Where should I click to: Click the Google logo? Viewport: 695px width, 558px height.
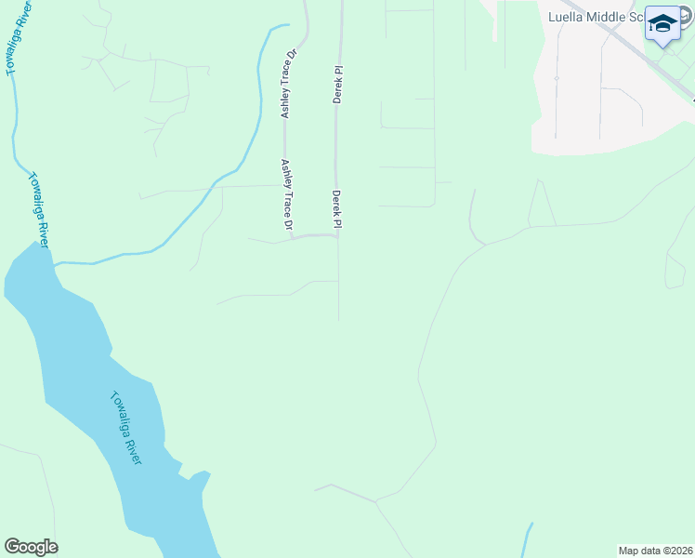[31, 547]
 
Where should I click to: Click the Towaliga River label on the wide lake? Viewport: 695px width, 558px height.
[126, 429]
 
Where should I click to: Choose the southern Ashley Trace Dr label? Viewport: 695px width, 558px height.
[287, 194]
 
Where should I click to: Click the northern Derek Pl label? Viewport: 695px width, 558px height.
[338, 84]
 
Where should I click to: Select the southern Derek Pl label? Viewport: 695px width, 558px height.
[337, 209]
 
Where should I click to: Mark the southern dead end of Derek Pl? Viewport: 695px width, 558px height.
[338, 318]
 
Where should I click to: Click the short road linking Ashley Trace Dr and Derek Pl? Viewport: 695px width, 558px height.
[316, 235]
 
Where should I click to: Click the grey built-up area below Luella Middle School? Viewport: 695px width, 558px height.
[595, 112]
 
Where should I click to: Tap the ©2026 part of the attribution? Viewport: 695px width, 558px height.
[675, 551]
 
